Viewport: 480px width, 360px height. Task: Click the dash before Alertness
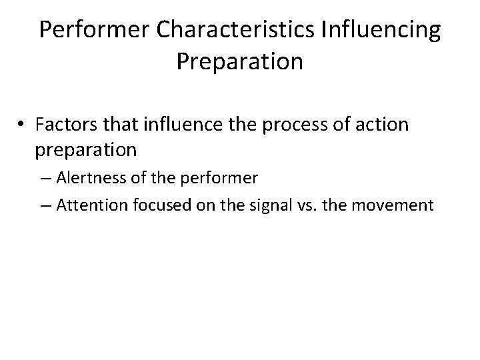48,179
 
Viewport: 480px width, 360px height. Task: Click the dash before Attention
48,205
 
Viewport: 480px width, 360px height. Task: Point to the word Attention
89,204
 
